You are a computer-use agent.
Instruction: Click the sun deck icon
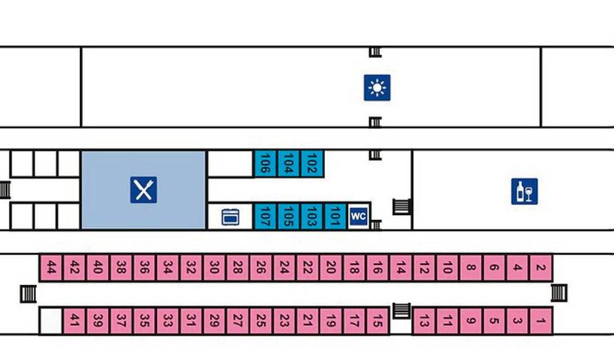(377, 88)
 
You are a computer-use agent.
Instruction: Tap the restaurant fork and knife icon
(144, 190)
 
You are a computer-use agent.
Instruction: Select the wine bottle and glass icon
(524, 191)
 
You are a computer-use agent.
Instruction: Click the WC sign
(358, 216)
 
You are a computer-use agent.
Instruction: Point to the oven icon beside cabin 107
(230, 217)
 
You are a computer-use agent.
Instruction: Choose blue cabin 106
(266, 164)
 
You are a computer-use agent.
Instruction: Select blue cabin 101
(335, 216)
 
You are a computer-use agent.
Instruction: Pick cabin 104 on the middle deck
(288, 164)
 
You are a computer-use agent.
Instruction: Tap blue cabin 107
(266, 216)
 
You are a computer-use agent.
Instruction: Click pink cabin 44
(51, 268)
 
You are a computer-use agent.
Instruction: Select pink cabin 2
(540, 268)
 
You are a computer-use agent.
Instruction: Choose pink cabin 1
(540, 321)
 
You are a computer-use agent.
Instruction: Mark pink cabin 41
(74, 321)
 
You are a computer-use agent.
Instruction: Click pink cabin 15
(378, 321)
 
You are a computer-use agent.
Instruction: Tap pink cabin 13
(424, 321)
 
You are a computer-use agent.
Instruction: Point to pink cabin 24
(284, 268)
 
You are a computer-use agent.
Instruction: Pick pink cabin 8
(471, 268)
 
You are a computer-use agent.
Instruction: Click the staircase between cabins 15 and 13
(401, 311)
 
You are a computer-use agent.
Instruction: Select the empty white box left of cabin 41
(51, 321)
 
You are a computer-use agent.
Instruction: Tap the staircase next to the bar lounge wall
(402, 206)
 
